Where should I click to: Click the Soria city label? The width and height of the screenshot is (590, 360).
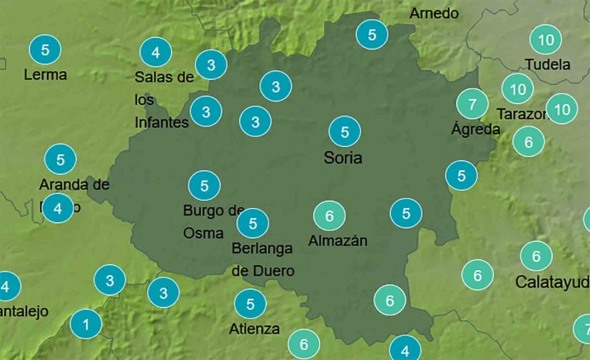(344, 157)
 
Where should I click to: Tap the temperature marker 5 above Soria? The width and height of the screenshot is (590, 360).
(344, 131)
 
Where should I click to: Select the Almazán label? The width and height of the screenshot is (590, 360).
(337, 241)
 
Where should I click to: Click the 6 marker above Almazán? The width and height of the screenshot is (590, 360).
(329, 216)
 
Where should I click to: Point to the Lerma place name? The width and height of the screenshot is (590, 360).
(45, 74)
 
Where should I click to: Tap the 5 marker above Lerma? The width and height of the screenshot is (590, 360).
(45, 50)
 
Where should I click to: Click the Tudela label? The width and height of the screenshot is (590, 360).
(547, 64)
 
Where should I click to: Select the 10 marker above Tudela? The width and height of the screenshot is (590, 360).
(545, 39)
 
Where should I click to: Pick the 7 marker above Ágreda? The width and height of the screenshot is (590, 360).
(472, 104)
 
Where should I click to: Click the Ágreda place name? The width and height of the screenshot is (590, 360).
(476, 130)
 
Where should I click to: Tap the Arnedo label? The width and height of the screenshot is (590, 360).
(434, 13)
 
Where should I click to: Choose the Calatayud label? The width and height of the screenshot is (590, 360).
(552, 282)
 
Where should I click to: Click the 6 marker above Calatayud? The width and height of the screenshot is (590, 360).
(536, 256)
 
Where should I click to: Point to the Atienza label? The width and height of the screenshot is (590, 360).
(254, 329)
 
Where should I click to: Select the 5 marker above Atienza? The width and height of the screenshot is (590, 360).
(250, 303)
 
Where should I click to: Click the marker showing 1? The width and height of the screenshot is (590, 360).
(86, 324)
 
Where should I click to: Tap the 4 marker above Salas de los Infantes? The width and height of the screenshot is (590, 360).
(155, 53)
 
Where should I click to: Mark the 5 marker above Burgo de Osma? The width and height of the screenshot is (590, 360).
(204, 185)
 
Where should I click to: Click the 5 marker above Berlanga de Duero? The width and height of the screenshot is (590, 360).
(253, 222)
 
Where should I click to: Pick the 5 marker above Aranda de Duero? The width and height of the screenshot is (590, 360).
(60, 159)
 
